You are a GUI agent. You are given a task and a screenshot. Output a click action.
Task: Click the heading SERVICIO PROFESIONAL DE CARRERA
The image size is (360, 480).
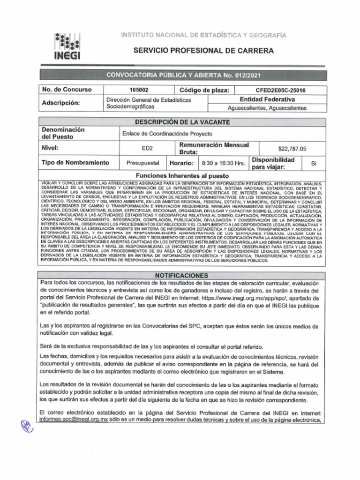coord(203,51)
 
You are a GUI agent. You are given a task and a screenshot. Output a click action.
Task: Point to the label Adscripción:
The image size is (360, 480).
coord(61,103)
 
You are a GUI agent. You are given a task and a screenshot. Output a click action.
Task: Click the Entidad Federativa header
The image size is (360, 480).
coord(267,99)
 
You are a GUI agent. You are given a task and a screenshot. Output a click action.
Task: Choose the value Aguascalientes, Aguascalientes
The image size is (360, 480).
coord(267,108)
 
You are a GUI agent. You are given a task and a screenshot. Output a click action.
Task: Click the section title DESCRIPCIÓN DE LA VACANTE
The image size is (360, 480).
coord(182,122)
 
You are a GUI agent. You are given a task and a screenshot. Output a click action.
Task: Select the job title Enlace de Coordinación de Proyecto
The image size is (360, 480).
coord(167,134)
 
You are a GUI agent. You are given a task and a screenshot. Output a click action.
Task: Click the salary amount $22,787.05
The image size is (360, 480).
coord(292,149)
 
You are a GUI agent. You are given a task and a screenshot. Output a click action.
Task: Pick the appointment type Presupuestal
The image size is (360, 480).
coord(143,163)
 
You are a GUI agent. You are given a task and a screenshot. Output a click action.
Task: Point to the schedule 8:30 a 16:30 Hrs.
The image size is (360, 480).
coord(223,163)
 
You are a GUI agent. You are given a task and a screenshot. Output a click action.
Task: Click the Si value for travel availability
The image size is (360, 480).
coord(314,163)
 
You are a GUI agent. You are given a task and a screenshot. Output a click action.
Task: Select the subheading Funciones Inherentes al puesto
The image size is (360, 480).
coord(182,176)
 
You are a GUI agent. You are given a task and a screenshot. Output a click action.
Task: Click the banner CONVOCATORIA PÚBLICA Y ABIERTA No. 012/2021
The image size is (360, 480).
coord(182,75)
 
